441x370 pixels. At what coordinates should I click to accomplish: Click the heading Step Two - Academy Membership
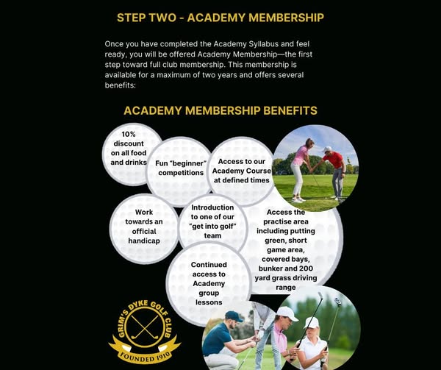[x=220, y=17]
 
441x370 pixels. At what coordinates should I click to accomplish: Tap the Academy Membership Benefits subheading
[x=220, y=110]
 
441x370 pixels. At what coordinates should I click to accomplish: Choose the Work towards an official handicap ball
[x=144, y=227]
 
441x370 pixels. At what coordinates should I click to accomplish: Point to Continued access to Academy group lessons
[x=208, y=283]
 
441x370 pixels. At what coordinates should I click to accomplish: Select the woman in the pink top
[x=299, y=167]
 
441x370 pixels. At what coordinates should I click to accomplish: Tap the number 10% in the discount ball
[x=129, y=134]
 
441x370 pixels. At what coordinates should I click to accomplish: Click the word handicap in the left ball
[x=144, y=241]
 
